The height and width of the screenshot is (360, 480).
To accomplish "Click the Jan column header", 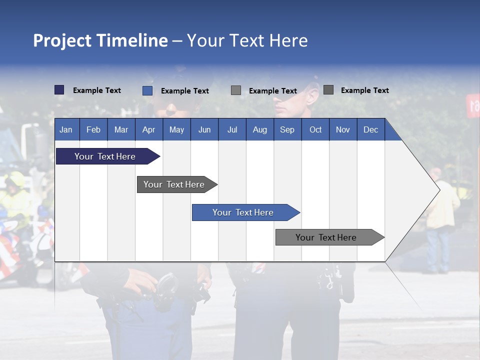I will (x=66, y=129).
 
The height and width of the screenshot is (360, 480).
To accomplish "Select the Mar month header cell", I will (x=121, y=129).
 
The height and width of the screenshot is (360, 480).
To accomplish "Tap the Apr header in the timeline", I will (x=148, y=129).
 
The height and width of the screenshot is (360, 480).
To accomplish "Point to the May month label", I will (x=176, y=129).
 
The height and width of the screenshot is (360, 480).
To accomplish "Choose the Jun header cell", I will (x=204, y=129).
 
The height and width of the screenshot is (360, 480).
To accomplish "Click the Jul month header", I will (x=232, y=129).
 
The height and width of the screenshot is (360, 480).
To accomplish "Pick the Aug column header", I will (x=259, y=129).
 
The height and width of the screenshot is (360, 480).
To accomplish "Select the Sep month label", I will (x=287, y=129).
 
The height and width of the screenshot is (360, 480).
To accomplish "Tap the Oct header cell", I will (x=315, y=129).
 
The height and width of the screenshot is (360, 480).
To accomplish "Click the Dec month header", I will (x=370, y=129).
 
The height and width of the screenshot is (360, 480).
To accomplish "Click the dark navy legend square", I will (x=59, y=90).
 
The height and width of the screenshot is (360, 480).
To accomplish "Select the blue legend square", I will (x=147, y=90).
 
